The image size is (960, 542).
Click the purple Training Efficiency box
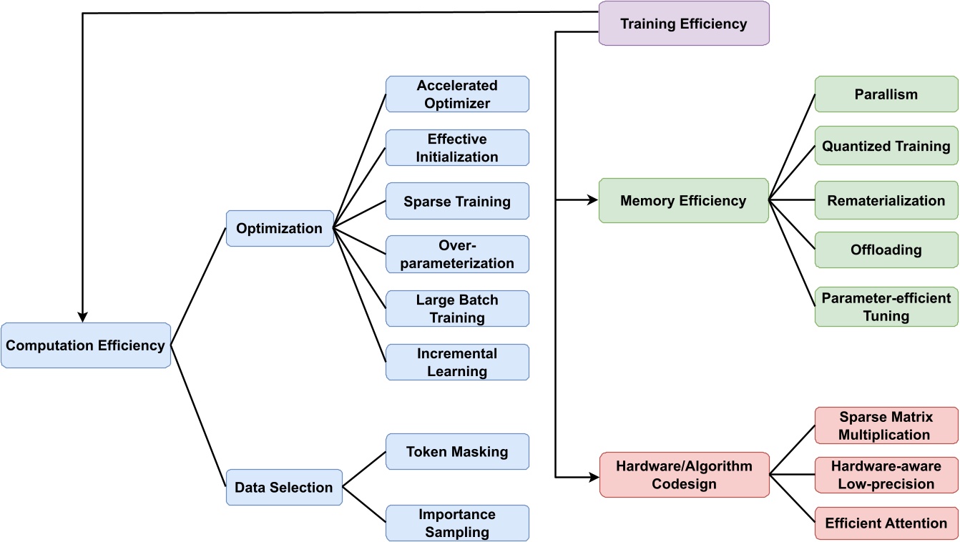pos(683,24)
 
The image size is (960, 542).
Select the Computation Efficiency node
pos(86,345)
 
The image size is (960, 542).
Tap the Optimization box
pos(280,229)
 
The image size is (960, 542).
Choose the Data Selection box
pos(284,488)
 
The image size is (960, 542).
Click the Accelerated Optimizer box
pos(457,94)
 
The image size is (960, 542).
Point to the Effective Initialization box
pos(457,148)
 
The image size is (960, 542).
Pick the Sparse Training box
pos(457,201)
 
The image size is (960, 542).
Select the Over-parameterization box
pos(457,255)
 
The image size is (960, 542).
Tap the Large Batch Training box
pos(457,308)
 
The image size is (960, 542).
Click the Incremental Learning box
pos(457,362)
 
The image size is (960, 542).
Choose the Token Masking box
pos(457,451)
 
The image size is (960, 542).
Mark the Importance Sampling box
pos(457,523)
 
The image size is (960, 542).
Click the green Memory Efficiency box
pos(683,201)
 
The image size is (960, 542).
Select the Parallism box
pos(886,94)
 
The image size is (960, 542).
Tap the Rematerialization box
pos(886,201)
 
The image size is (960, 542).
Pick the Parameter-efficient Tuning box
pos(886,307)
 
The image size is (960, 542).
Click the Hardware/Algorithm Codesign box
pos(683,475)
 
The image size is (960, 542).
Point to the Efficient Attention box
pos(886,523)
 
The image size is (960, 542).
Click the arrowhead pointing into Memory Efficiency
pos(592,201)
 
